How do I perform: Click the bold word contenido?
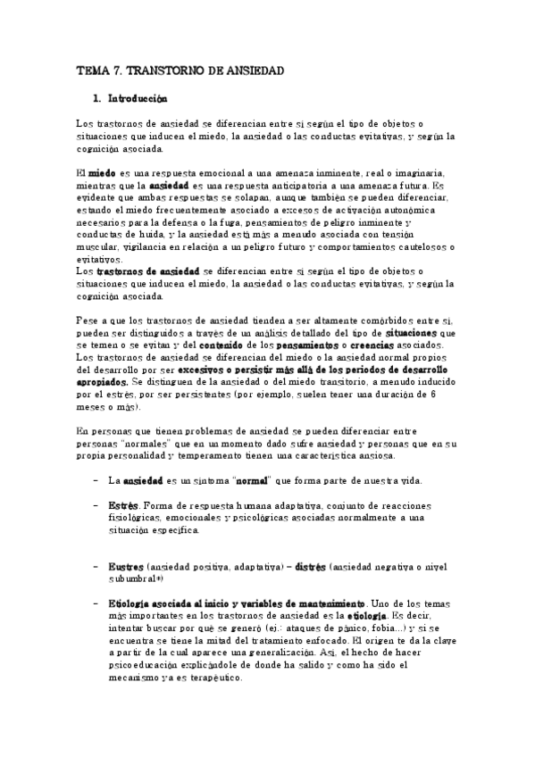point(269,345)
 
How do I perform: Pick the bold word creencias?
point(429,345)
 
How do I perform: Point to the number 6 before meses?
point(432,394)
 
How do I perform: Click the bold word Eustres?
point(125,567)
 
